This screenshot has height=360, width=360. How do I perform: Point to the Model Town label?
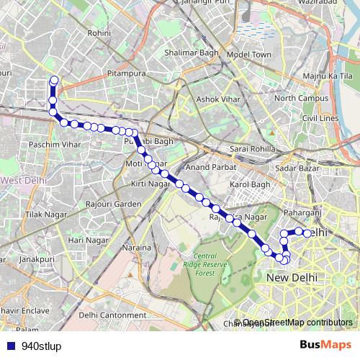pyautogui.click(x=248, y=55)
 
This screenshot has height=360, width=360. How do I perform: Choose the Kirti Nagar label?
pyautogui.click(x=148, y=185)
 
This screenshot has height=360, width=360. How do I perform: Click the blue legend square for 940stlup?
pyautogui.click(x=10, y=345)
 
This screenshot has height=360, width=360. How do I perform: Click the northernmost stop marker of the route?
pyautogui.click(x=52, y=80)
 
